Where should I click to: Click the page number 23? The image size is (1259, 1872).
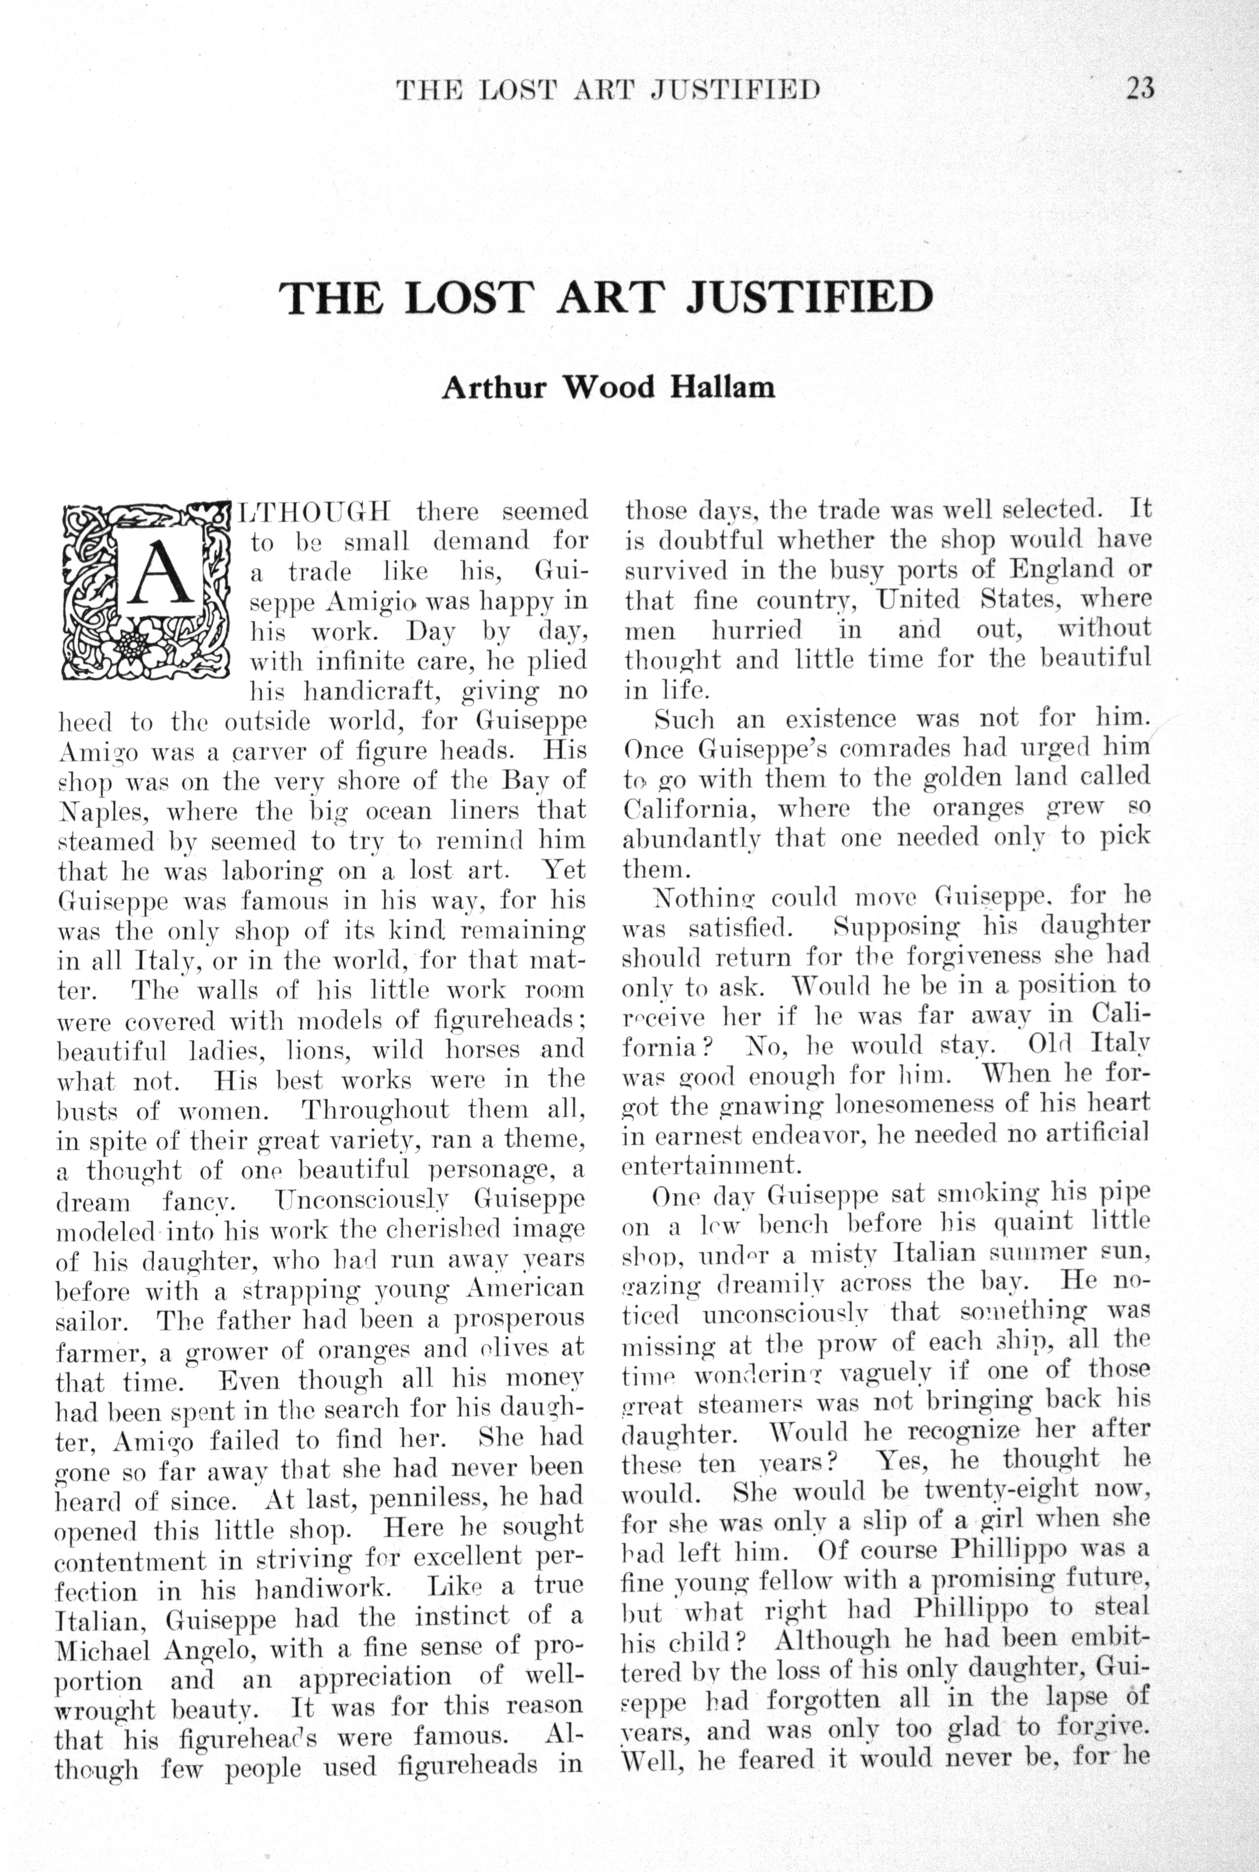(1140, 87)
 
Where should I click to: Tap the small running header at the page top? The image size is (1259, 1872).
(608, 89)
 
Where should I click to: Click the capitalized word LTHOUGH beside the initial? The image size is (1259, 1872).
(315, 511)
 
